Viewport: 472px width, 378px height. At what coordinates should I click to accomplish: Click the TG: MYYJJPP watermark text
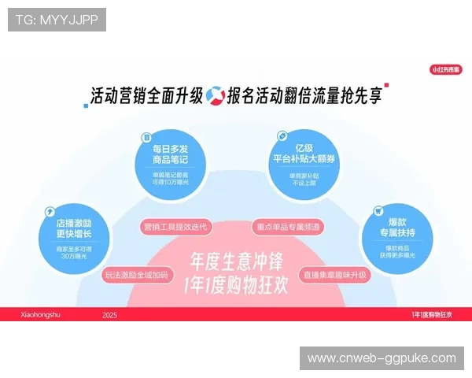pos(57,19)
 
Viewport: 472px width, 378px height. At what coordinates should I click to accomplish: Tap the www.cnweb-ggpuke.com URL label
pos(382,358)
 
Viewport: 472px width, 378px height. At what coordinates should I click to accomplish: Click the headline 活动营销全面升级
pos(146,97)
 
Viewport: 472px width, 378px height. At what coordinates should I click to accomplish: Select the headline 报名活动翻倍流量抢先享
pos(304,97)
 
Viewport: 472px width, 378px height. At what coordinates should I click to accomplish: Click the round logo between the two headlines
pos(215,96)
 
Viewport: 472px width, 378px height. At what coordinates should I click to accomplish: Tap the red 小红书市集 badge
pos(446,69)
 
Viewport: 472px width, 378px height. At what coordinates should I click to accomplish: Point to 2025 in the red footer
pos(109,314)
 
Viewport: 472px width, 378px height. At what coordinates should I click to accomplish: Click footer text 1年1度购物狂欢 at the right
pos(432,314)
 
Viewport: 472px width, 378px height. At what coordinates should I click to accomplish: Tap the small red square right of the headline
pos(386,85)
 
